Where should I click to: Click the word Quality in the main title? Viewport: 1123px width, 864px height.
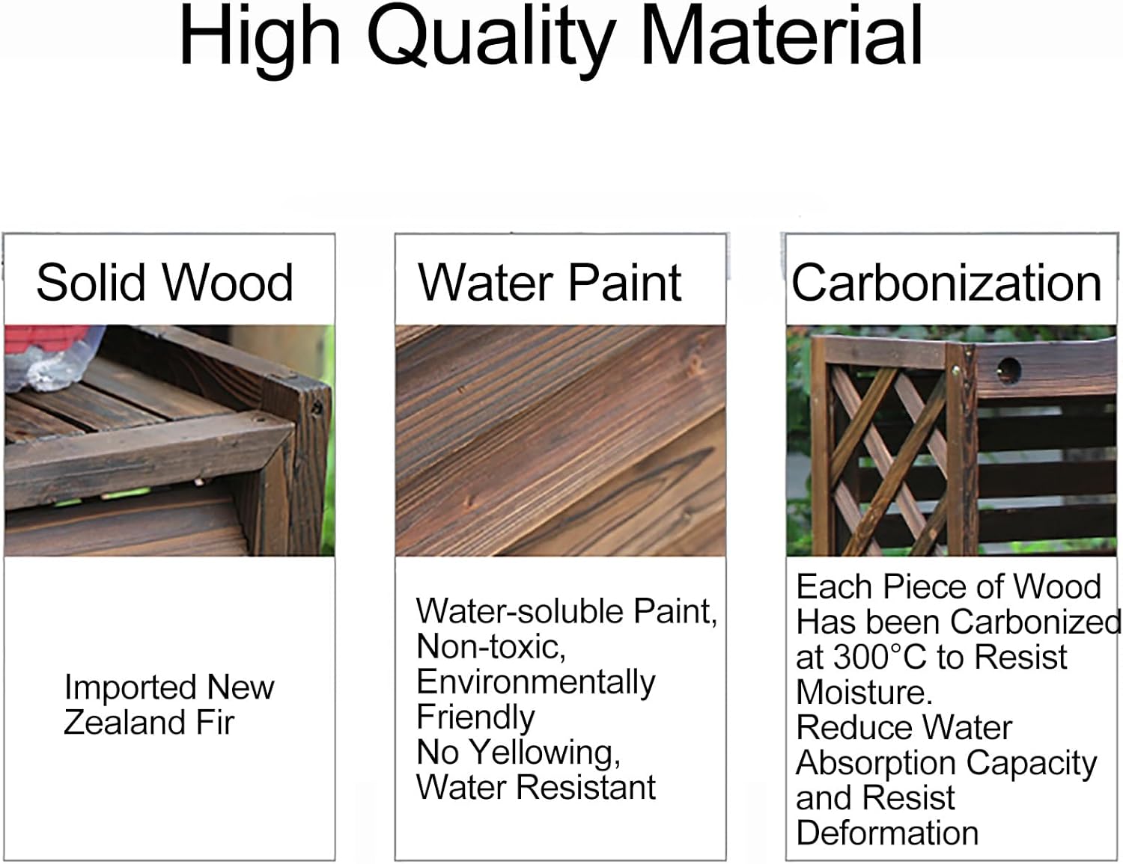point(490,37)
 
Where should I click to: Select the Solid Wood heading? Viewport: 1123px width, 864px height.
point(165,283)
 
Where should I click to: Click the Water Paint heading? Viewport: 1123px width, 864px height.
point(550,283)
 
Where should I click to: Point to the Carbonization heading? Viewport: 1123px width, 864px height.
point(946,283)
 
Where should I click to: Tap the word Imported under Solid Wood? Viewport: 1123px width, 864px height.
point(130,687)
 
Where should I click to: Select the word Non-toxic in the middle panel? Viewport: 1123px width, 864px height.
point(490,647)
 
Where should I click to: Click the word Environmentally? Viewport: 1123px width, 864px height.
point(535,682)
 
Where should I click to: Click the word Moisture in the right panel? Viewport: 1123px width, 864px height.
point(864,693)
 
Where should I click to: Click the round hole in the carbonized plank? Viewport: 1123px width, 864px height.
point(1008,369)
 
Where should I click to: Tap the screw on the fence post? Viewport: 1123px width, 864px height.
point(956,370)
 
